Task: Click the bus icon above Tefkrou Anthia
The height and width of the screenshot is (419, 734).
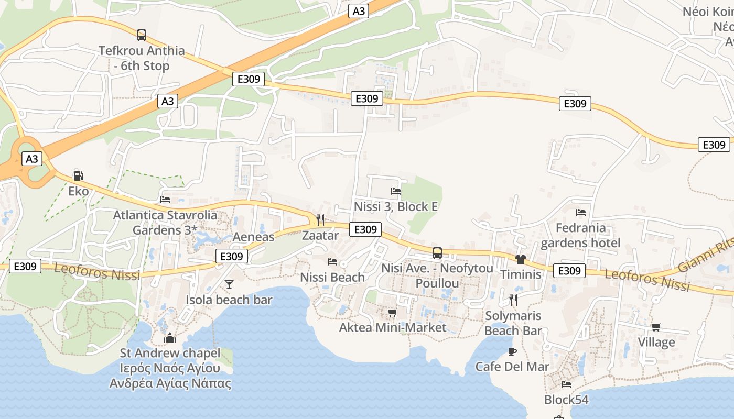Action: (x=142, y=35)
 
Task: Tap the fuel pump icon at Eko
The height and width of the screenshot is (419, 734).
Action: (x=78, y=176)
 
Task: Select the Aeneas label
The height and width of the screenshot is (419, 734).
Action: (x=253, y=237)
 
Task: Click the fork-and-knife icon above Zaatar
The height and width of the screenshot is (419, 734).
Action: (x=320, y=219)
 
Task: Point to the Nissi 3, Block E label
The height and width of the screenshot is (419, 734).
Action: (x=395, y=206)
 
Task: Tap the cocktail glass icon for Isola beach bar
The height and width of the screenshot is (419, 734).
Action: (x=229, y=284)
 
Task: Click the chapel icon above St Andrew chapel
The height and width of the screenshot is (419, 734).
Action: (x=170, y=338)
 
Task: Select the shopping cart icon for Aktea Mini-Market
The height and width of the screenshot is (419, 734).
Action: (x=392, y=313)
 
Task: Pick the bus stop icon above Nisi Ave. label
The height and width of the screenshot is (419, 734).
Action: (x=437, y=253)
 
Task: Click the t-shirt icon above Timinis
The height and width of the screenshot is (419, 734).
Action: (x=520, y=259)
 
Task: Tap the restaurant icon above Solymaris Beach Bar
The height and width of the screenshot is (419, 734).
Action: (x=513, y=300)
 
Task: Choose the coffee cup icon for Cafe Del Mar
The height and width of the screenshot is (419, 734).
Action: (x=512, y=351)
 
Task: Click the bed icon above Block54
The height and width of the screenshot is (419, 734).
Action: (x=566, y=384)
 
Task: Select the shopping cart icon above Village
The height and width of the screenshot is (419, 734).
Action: (x=656, y=327)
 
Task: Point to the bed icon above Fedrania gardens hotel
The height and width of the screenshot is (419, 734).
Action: (x=581, y=213)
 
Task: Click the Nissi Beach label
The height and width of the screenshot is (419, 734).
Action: (x=332, y=277)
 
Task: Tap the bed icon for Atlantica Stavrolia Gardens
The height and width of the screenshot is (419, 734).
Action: (x=165, y=200)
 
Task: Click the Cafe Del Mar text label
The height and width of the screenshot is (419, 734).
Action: (x=512, y=367)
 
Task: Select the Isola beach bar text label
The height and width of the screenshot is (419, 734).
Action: (x=229, y=300)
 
